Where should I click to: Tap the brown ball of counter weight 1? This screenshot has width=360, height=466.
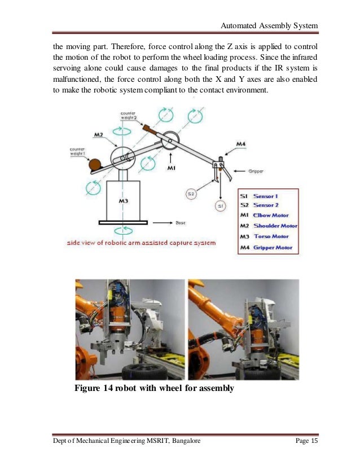pos(95,164)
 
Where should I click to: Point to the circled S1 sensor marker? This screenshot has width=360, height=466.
pos(221,206)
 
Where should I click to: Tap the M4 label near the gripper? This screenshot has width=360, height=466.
pos(225,144)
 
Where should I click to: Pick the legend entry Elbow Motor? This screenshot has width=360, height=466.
pos(271,215)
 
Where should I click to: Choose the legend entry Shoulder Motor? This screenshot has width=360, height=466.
pos(275,226)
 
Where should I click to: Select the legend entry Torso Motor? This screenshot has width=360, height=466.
pos(271,236)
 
